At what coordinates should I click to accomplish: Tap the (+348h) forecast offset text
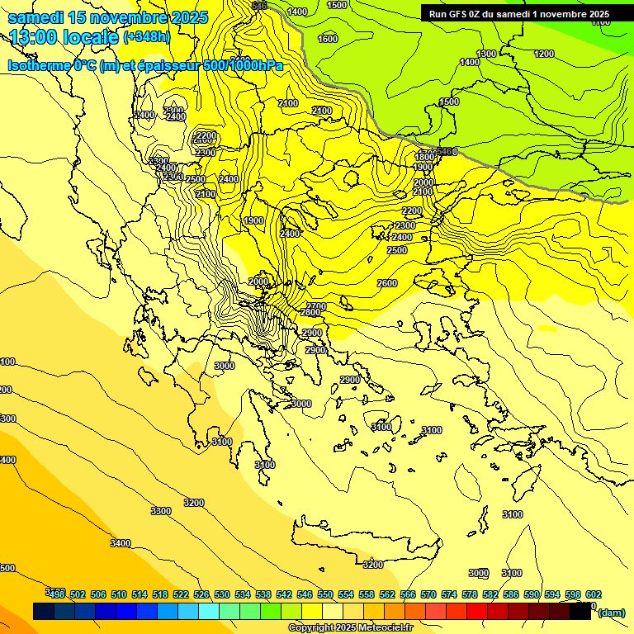[x=147, y=37]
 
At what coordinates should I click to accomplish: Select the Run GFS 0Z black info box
[x=518, y=13]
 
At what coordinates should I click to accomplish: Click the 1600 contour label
[x=328, y=39]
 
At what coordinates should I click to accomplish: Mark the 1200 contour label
[x=544, y=54]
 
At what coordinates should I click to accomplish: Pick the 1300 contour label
[x=486, y=54]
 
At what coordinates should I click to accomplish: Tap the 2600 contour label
[x=387, y=283]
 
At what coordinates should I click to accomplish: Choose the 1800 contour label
[x=424, y=157]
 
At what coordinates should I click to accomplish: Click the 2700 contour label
[x=316, y=306]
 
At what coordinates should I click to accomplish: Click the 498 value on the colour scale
[x=57, y=594]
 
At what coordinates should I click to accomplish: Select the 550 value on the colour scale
[x=325, y=594]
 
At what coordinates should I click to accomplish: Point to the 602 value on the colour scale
[x=594, y=594]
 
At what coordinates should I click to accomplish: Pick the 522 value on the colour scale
[x=181, y=594]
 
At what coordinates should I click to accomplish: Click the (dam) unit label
[x=611, y=612]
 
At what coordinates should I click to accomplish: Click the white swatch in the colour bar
[x=333, y=612]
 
